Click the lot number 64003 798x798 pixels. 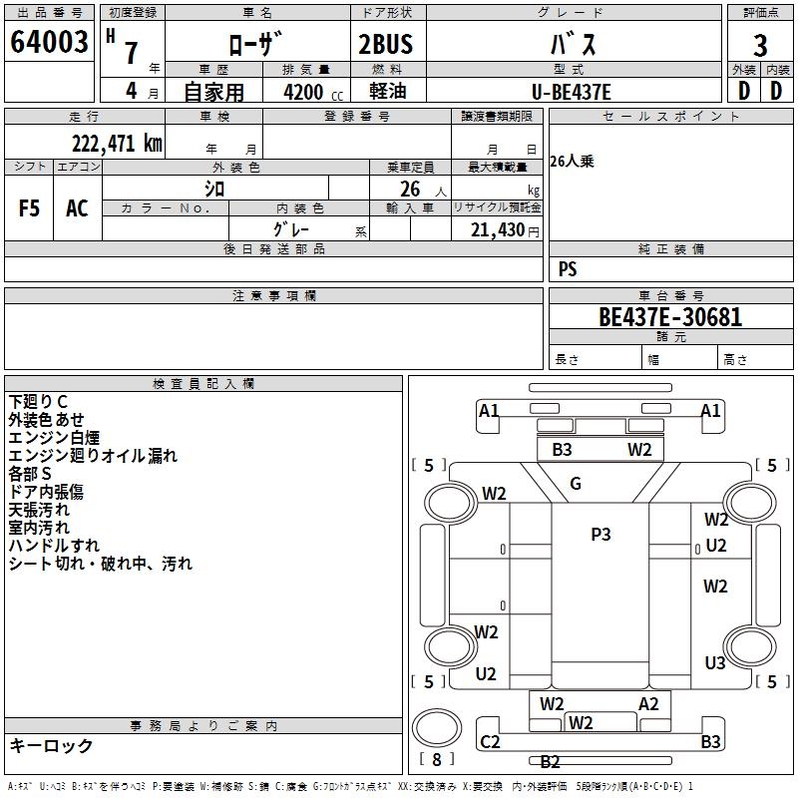(49, 42)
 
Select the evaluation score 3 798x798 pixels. (760, 45)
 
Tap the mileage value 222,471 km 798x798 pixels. (117, 143)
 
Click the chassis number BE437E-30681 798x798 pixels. (670, 317)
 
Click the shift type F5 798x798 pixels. (30, 208)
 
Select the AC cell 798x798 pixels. (77, 208)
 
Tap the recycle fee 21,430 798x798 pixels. (495, 230)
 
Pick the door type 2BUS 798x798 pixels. (385, 45)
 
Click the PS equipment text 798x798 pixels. (568, 269)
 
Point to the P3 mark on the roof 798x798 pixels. (600, 535)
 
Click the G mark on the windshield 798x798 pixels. (576, 484)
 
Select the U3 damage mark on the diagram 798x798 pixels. (715, 663)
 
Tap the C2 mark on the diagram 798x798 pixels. (490, 742)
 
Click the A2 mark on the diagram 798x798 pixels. (649, 704)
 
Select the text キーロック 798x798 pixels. (51, 745)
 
